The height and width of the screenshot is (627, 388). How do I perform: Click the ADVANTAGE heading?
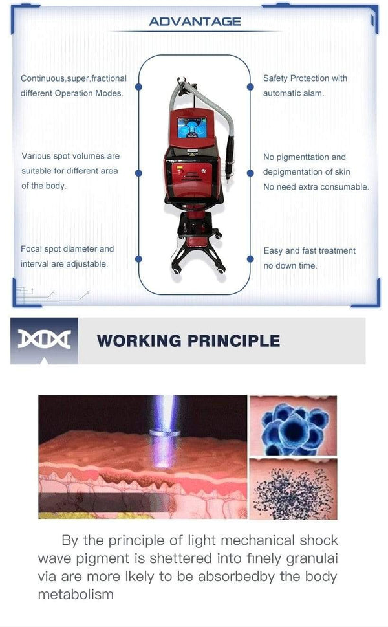pyautogui.click(x=194, y=21)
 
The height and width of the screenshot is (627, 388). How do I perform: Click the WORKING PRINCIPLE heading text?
pyautogui.click(x=188, y=340)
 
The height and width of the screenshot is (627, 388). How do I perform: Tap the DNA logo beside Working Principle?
pyautogui.click(x=44, y=340)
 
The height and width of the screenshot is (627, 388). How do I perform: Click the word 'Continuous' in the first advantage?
pyautogui.click(x=43, y=78)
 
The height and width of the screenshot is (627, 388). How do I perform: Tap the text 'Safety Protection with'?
pyautogui.click(x=305, y=78)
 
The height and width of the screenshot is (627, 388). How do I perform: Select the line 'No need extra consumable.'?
pyautogui.click(x=316, y=187)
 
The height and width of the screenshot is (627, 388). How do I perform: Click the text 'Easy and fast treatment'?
pyautogui.click(x=309, y=251)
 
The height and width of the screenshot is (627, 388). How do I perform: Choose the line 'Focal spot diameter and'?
pyautogui.click(x=67, y=249)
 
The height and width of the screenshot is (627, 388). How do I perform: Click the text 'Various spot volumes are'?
pyautogui.click(x=70, y=156)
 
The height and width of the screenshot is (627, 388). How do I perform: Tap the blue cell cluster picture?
pyautogui.click(x=293, y=424)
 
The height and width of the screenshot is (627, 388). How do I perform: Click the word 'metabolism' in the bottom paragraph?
pyautogui.click(x=76, y=593)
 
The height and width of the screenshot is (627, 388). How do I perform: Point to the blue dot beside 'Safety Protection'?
pyautogui.click(x=250, y=86)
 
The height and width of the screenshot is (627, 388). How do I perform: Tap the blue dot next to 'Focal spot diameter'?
pyautogui.click(x=138, y=259)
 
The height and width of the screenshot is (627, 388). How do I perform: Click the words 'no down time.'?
pyautogui.click(x=290, y=266)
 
